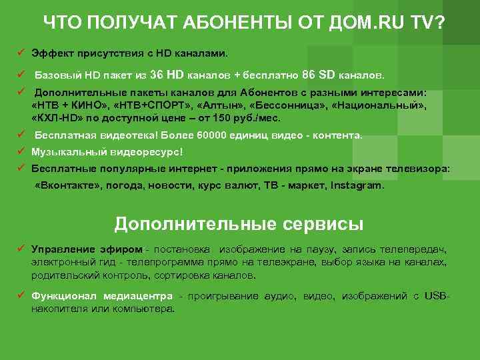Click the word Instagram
[357, 186]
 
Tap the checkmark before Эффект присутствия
[21, 51]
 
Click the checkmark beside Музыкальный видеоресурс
[21, 152]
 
